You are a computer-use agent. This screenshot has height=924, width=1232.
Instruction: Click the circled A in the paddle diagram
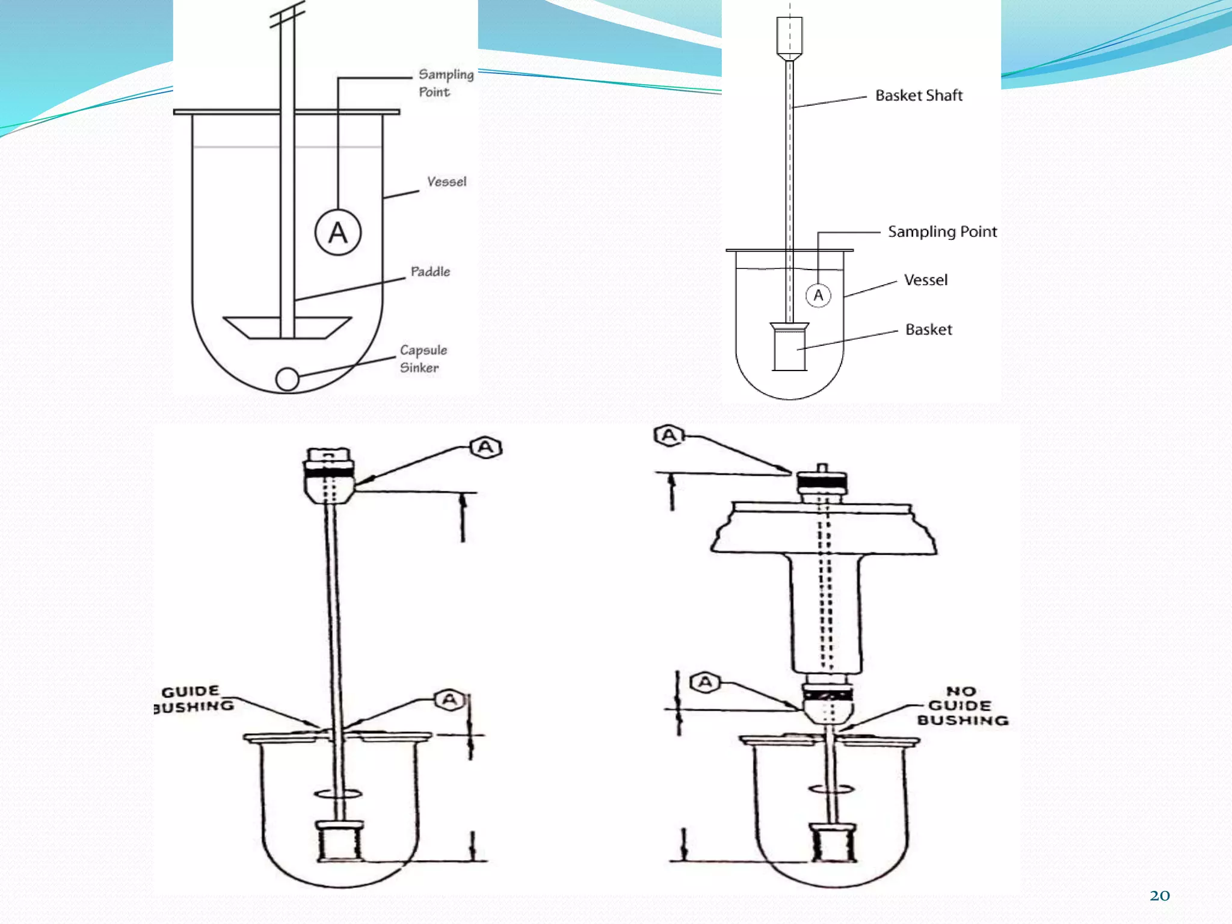point(338,233)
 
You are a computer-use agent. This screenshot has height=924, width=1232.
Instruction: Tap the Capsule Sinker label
point(423,359)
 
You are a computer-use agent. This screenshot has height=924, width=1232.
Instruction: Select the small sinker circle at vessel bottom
point(287,379)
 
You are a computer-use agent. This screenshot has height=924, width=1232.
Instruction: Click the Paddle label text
point(430,271)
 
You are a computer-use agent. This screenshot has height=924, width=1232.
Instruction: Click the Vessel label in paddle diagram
point(446,182)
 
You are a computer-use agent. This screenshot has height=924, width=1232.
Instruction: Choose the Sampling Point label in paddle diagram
point(445,83)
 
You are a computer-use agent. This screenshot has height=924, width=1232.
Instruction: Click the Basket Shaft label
point(919,96)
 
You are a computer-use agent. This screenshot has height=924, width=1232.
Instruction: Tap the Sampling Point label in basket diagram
point(942,232)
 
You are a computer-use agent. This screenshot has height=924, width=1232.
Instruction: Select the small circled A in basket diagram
point(818,295)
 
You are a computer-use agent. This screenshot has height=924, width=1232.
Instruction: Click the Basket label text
point(928,330)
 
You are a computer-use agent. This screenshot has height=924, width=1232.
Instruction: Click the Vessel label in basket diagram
point(925,280)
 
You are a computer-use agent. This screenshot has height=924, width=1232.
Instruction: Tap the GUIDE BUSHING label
point(194,699)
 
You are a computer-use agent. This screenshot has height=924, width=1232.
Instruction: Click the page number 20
point(1159,896)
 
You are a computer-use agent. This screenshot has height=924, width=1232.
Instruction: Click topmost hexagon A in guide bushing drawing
point(485,448)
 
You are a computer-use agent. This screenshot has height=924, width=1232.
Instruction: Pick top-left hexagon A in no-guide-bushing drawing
point(669,435)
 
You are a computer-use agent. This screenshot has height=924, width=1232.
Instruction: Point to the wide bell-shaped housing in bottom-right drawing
point(824,528)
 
